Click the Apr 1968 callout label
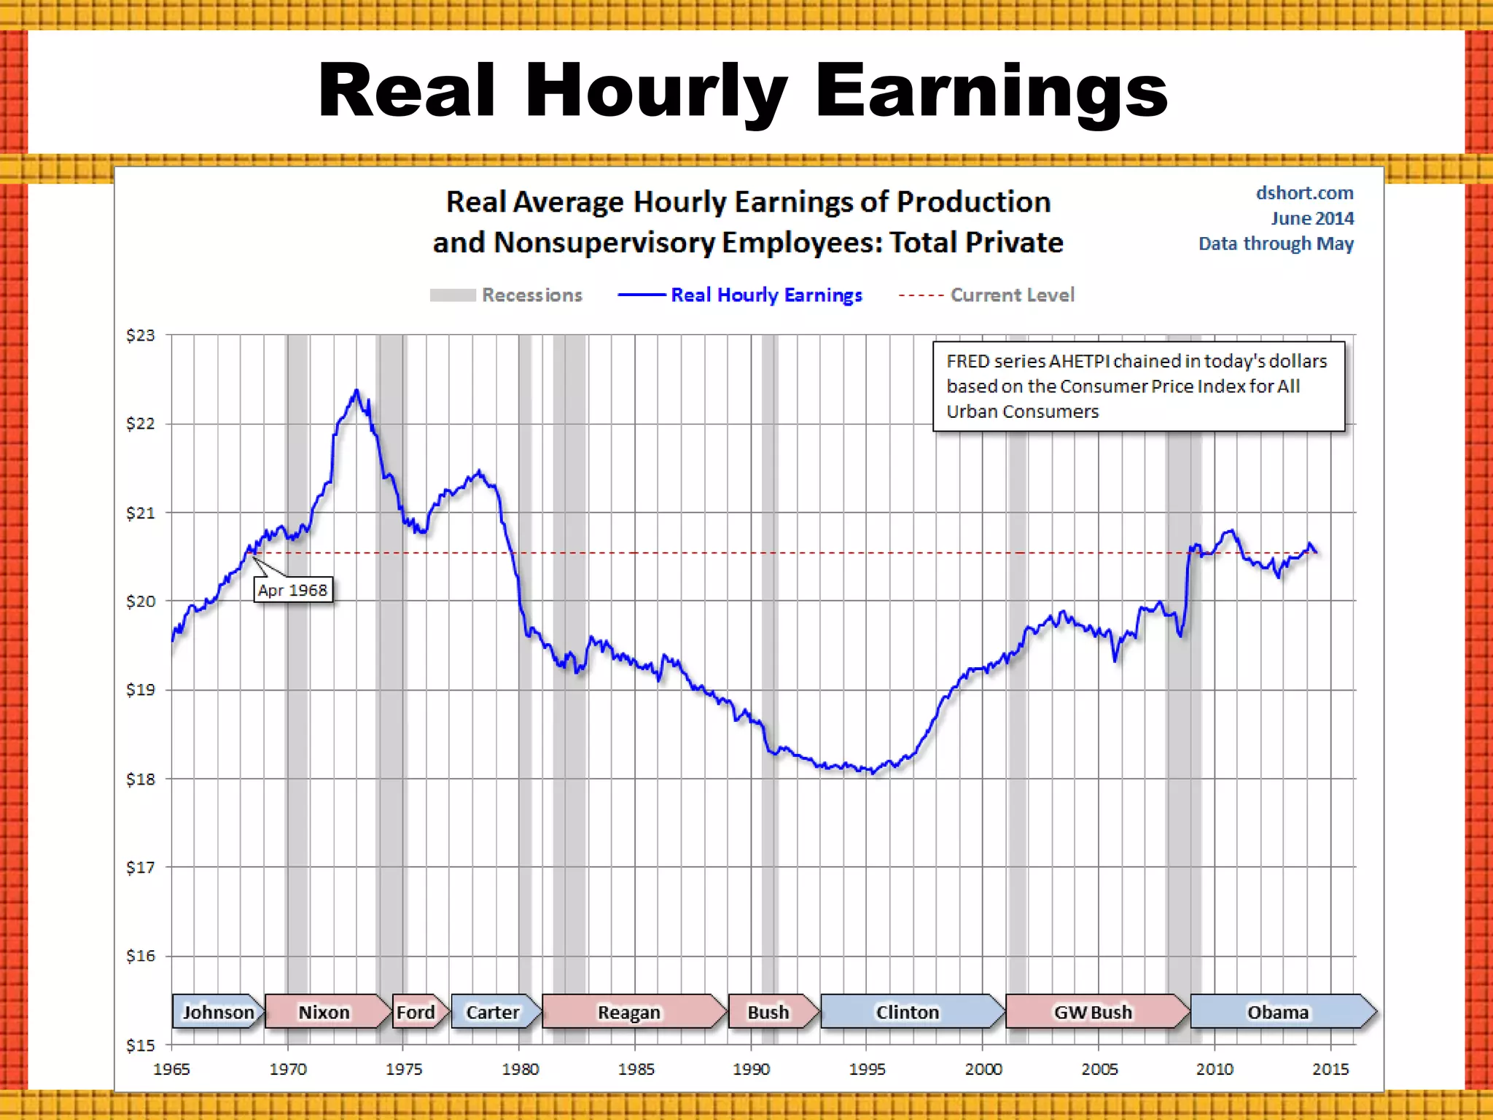coord(292,589)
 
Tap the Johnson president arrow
coord(217,1011)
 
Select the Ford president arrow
coord(417,1011)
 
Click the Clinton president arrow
coord(908,1011)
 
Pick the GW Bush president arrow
coord(1094,1011)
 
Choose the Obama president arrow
coord(1278,1011)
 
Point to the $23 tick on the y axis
coord(140,335)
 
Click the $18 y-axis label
coord(140,779)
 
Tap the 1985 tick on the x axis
coord(636,1069)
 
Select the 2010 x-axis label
coord(1215,1069)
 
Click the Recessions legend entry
coord(507,295)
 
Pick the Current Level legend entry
coord(987,295)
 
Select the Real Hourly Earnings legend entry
coord(741,295)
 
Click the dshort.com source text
coord(1304,193)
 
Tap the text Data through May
coord(1276,243)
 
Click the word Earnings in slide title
coord(991,90)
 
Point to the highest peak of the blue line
coord(356,390)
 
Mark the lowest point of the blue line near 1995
coord(873,773)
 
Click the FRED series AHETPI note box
coord(1138,386)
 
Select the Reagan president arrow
coord(630,1011)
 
